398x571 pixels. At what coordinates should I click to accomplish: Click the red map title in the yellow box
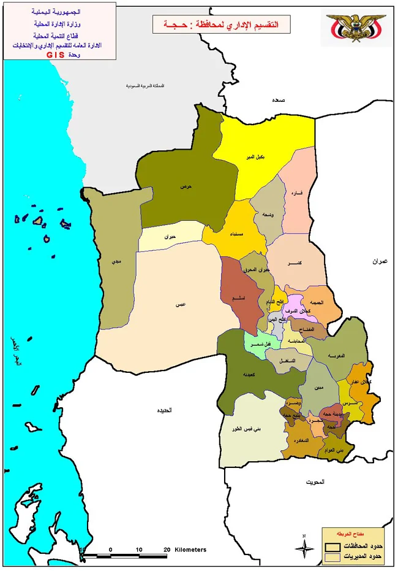coord(221,25)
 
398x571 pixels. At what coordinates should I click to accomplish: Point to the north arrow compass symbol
coord(304,545)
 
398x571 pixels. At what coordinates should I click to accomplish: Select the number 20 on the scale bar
coord(167,549)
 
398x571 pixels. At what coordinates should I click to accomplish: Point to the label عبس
coord(181,304)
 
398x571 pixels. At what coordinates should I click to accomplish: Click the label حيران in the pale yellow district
coord(170,236)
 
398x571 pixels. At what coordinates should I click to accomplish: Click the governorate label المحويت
coord(315,483)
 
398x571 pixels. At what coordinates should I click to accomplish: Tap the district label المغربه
coord(336,356)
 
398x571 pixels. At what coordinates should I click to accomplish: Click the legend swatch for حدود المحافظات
coord(332,545)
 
